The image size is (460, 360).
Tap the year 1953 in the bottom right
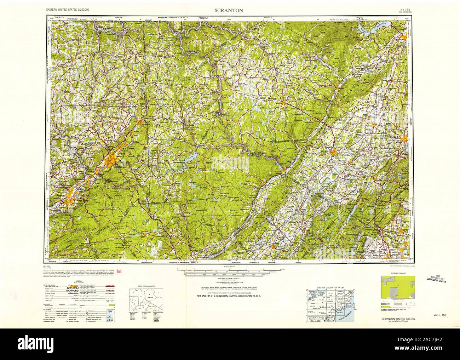pyautogui.click(x=413, y=315)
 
